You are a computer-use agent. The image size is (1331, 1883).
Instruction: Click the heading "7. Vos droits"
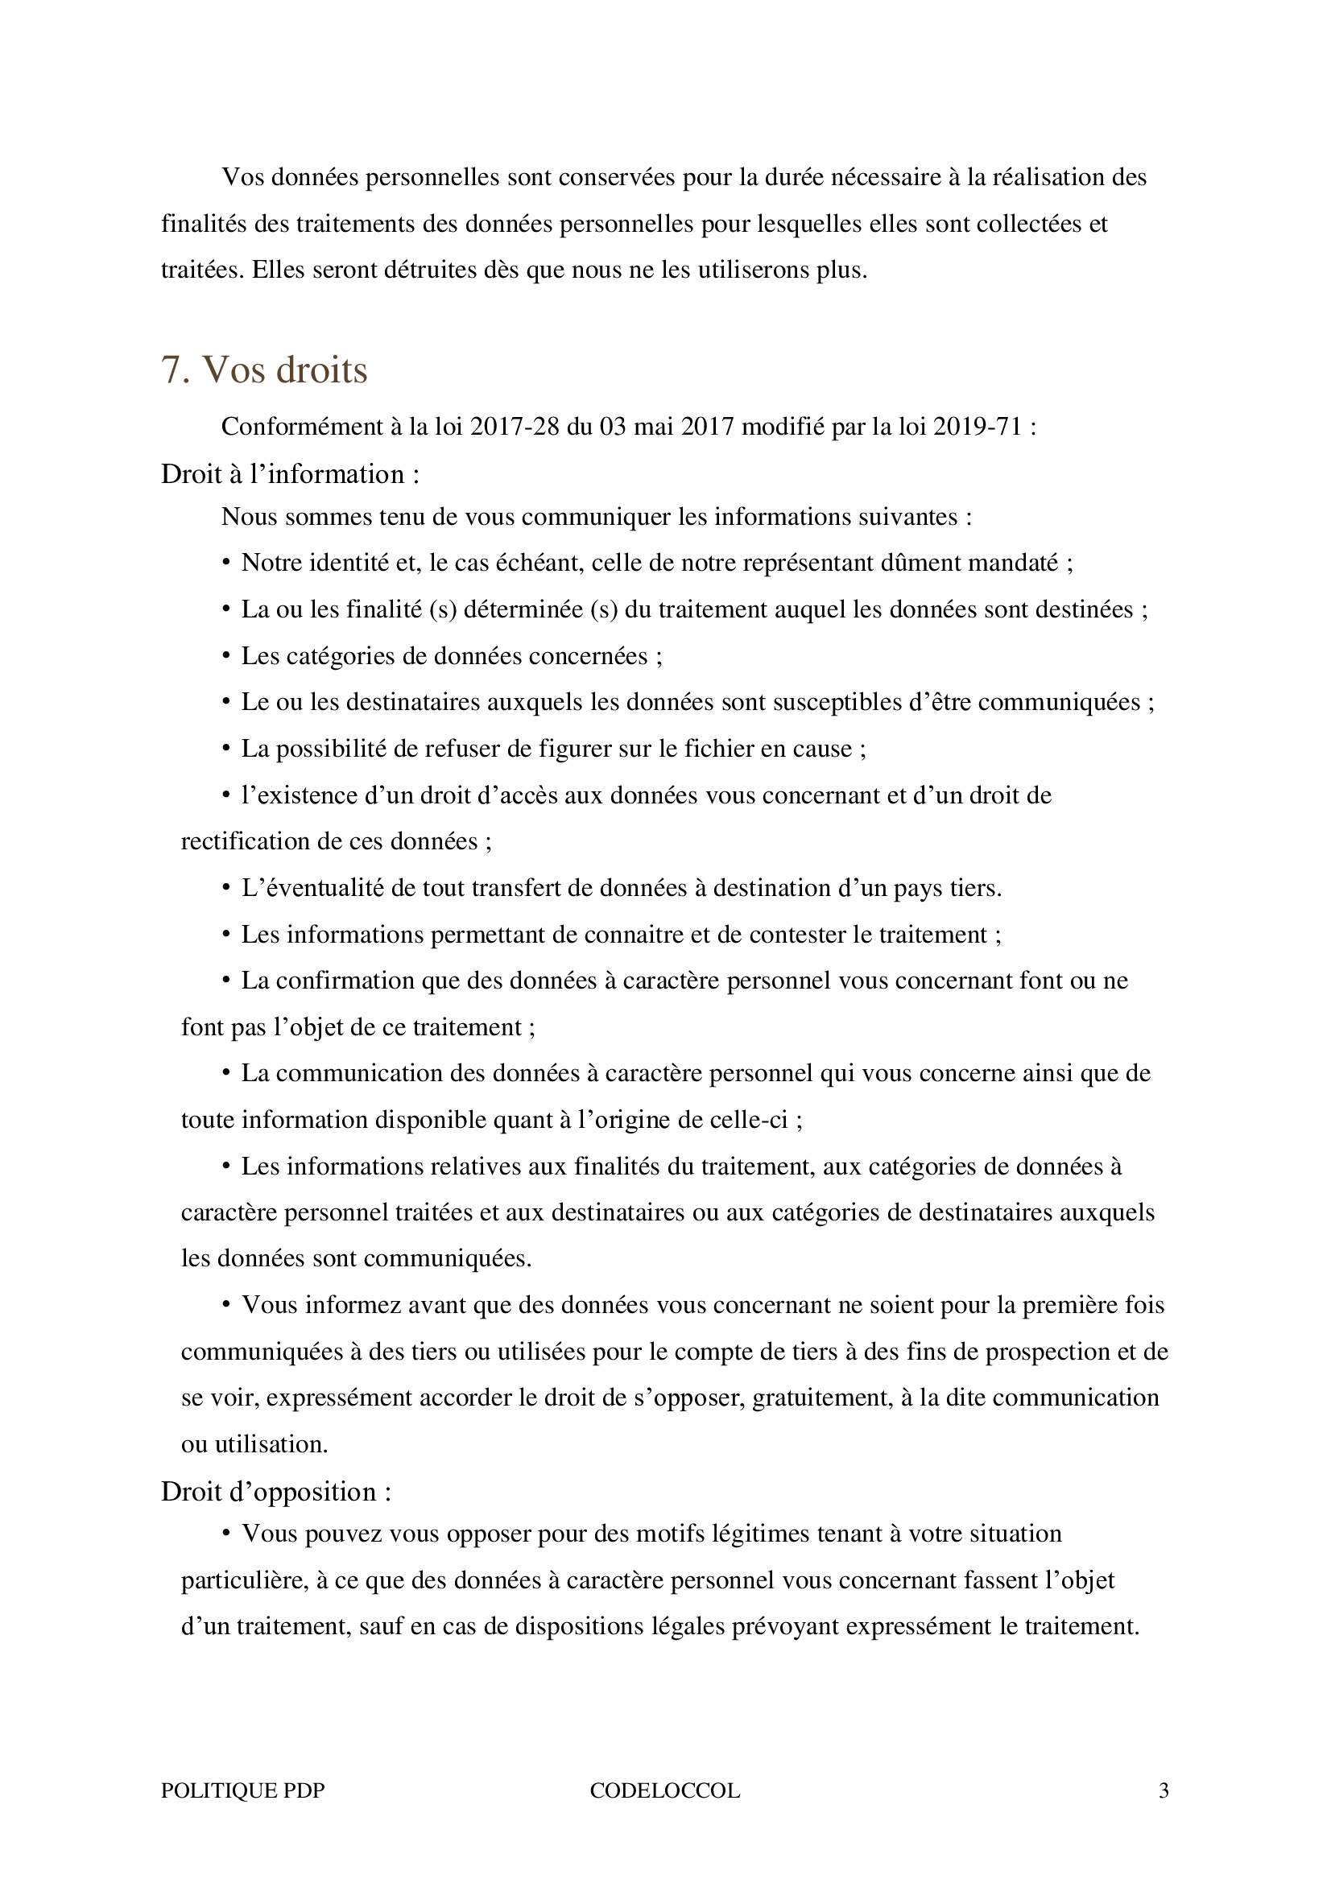[264, 370]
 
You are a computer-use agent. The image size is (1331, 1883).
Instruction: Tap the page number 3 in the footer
[1163, 1791]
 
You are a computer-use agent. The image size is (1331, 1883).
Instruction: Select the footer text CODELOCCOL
[664, 1791]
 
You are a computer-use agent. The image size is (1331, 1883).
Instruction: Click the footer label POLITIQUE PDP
[242, 1791]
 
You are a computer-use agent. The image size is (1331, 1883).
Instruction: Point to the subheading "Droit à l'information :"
[291, 474]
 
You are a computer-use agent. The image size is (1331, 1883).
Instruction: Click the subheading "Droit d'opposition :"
[275, 1492]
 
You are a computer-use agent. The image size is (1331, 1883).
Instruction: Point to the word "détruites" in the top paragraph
[450, 270]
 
